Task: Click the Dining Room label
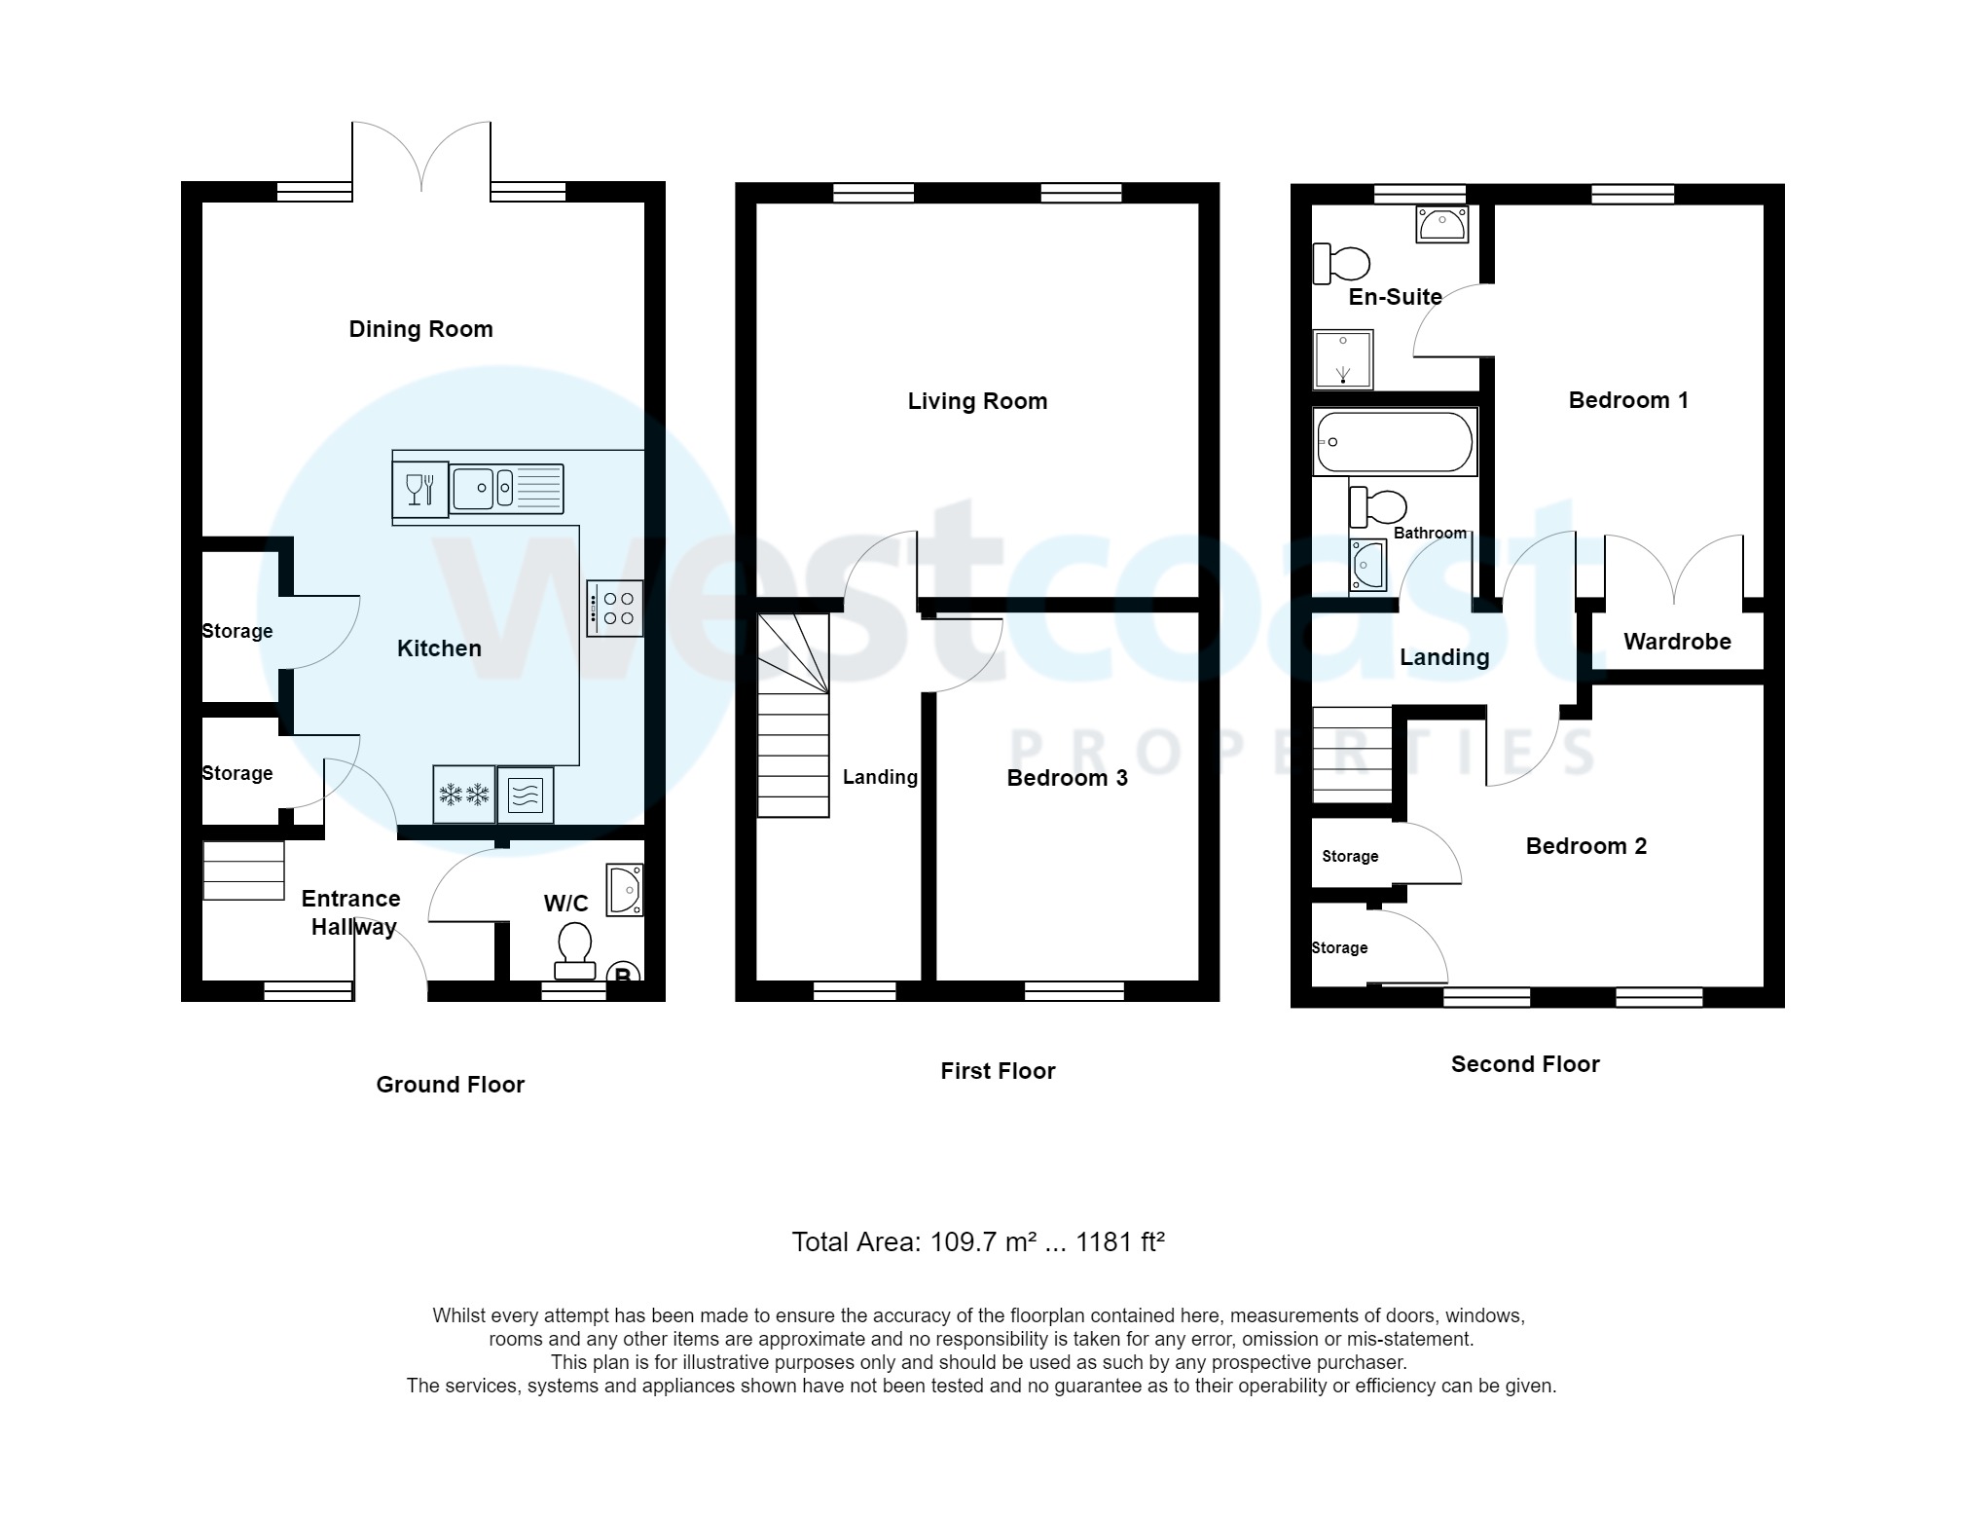[x=420, y=329]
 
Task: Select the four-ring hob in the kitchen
[x=615, y=609]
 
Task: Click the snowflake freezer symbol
[x=463, y=795]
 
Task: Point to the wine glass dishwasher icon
[x=419, y=489]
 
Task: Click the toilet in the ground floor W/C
[x=574, y=949]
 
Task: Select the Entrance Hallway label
[x=352, y=912]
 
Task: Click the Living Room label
[x=977, y=401]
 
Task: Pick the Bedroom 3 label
[x=1067, y=778]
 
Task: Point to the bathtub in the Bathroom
[x=1394, y=442]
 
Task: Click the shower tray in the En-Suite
[x=1343, y=358]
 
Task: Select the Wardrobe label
[x=1677, y=642]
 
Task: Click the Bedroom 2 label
[x=1585, y=846]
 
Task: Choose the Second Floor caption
[x=1525, y=1064]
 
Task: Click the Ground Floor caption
[x=450, y=1085]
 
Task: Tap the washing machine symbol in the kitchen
[x=526, y=795]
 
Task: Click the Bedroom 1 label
[x=1628, y=400]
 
